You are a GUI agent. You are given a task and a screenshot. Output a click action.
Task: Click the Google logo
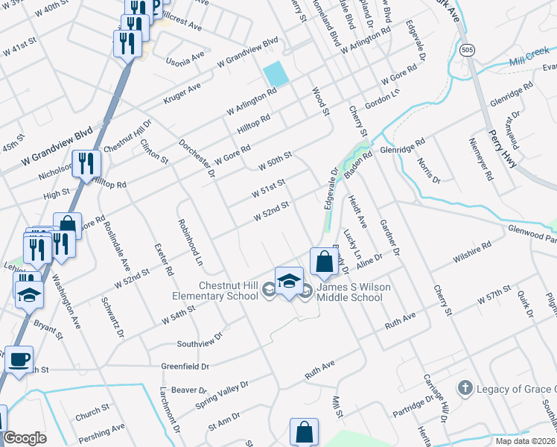tap(25, 438)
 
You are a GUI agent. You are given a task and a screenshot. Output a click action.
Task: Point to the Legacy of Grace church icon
tap(465, 388)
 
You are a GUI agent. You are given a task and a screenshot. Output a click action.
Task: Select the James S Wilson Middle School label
tap(350, 292)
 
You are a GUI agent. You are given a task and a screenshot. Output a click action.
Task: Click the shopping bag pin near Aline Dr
tap(324, 262)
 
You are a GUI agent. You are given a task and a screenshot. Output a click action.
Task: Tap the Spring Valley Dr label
tap(221, 394)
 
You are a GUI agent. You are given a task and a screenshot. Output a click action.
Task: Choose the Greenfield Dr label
tap(185, 367)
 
